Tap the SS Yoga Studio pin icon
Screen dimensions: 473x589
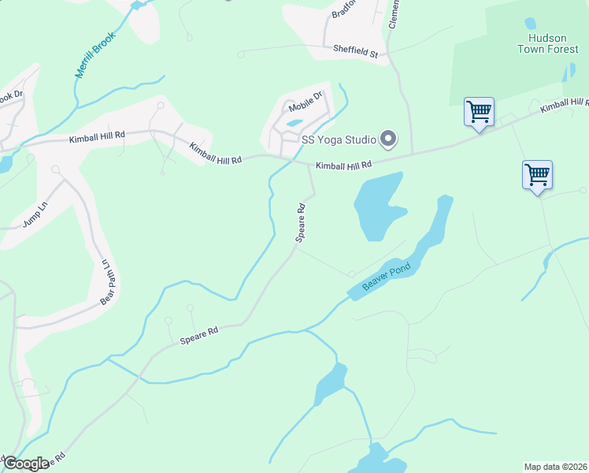[387, 140]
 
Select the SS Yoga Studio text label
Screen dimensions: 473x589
[339, 140]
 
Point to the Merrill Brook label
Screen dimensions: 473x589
[95, 54]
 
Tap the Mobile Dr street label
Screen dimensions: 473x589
[306, 102]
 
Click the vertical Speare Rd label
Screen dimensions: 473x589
[300, 222]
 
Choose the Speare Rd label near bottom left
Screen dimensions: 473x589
[199, 335]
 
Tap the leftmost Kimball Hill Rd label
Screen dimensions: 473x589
[97, 136]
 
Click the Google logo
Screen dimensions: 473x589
[26, 464]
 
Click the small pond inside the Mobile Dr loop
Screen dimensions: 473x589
[294, 123]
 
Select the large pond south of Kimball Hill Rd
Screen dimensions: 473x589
[376, 207]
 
